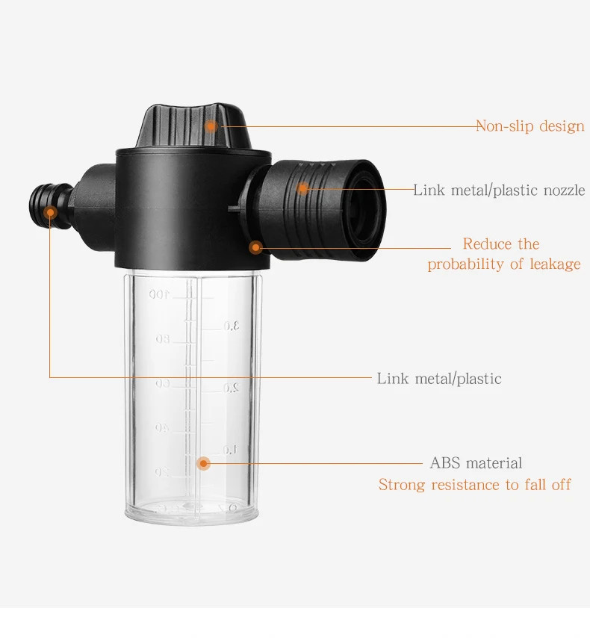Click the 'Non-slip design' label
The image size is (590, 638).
[x=530, y=126]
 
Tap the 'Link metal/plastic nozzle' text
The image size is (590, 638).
[x=500, y=190]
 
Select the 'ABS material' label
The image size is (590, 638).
[x=476, y=463]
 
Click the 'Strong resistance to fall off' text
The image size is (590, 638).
[x=475, y=485]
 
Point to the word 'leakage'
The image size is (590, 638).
[x=555, y=264]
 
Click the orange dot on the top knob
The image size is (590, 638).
[x=211, y=126]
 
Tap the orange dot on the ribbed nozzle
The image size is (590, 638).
[x=302, y=188]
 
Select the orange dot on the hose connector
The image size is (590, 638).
[x=51, y=212]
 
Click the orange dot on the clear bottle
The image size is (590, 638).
[x=203, y=463]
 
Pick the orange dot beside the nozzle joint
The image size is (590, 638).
[x=255, y=247]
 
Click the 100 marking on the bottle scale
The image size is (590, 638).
[x=158, y=294]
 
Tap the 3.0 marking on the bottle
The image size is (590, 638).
[x=231, y=326]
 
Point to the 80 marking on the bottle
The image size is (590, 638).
[x=162, y=339]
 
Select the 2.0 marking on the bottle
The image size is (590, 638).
[x=231, y=388]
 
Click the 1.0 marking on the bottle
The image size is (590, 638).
[x=230, y=450]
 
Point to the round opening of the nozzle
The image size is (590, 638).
[x=364, y=209]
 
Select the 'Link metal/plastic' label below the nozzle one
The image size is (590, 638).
[x=439, y=379]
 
